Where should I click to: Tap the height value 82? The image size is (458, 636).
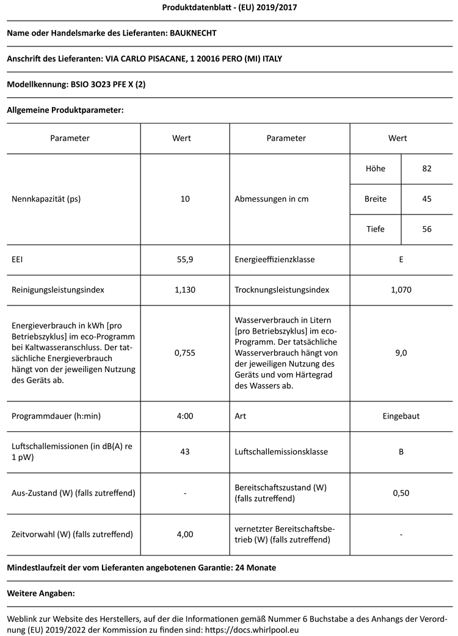tap(427, 169)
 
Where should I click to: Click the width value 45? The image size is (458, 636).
tap(427, 199)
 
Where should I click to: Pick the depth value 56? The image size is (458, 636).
tap(427, 230)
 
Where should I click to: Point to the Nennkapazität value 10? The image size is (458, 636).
tap(185, 199)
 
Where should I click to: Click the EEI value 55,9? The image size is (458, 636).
tap(185, 260)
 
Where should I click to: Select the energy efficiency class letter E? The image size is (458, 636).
tap(401, 260)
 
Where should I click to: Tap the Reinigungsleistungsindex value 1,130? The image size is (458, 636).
tap(185, 290)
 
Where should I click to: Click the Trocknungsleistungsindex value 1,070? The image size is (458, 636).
tap(401, 290)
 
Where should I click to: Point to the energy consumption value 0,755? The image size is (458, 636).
tap(185, 353)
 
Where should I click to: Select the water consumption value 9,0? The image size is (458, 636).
tap(401, 353)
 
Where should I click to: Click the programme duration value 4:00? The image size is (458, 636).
tap(185, 416)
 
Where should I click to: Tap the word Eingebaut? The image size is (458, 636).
tap(401, 416)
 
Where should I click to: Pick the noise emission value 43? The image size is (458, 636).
tap(185, 452)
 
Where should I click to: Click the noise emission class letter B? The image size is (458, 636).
tap(401, 452)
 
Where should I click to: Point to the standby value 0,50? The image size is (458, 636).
tap(401, 493)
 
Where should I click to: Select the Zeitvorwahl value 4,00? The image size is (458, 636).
tap(185, 534)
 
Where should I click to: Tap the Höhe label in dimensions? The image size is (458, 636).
tap(375, 169)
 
